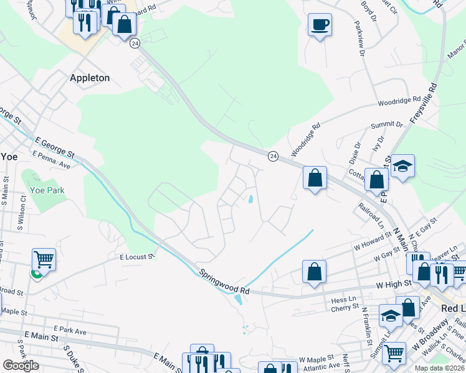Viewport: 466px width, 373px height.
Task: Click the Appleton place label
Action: [90, 78]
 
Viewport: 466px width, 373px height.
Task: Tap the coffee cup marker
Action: [320, 25]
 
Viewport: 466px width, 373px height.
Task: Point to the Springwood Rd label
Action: [225, 282]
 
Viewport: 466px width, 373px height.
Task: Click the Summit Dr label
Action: [387, 126]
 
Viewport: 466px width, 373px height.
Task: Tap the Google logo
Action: [21, 366]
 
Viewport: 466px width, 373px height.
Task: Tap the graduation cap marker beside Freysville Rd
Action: [402, 167]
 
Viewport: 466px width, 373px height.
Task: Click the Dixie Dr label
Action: [355, 153]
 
